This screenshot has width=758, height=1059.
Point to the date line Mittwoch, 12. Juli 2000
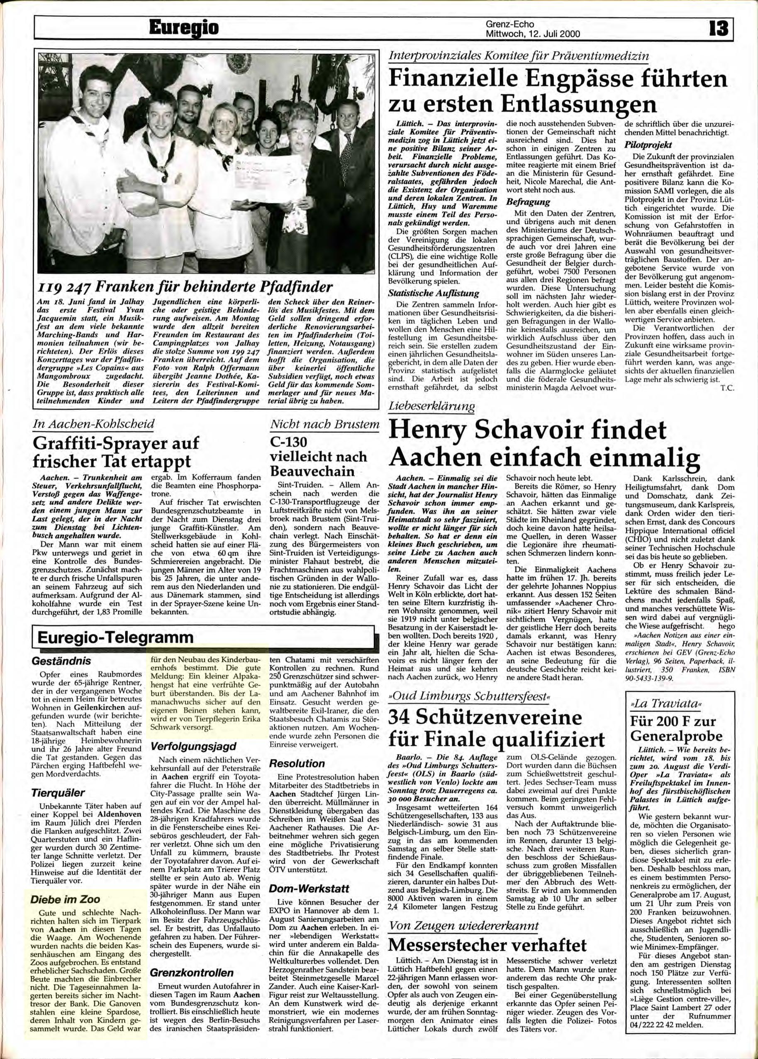click(x=533, y=34)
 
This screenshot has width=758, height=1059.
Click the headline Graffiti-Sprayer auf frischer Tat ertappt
click(x=116, y=451)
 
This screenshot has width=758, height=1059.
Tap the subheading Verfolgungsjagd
click(x=187, y=746)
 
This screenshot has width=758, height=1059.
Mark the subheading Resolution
click(x=297, y=763)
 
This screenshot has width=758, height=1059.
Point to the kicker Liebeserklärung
click(x=431, y=406)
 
